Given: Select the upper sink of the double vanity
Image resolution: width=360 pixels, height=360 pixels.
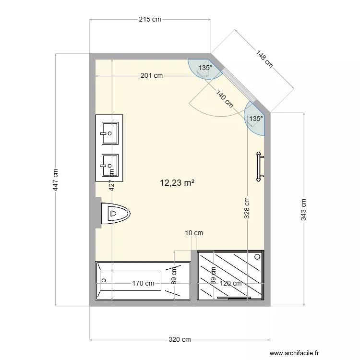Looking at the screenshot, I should [x=109, y=132].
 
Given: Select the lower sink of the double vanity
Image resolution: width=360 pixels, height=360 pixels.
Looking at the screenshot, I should [x=109, y=166].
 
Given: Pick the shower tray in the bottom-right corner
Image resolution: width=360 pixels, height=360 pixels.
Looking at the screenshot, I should [x=230, y=275].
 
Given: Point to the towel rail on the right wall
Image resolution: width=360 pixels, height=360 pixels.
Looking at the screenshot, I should [x=260, y=167].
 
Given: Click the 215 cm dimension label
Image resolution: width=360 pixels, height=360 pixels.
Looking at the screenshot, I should [x=150, y=19].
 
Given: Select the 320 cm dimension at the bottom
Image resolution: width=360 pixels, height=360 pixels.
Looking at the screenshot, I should [x=180, y=340].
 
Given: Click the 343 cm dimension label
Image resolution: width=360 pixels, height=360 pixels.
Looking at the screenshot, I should [x=303, y=210].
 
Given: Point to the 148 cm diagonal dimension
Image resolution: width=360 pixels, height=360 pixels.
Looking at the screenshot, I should [x=264, y=59].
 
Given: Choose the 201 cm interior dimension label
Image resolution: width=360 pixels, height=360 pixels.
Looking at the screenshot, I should [x=152, y=75].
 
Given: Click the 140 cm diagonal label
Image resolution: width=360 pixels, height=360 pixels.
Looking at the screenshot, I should [x=224, y=99].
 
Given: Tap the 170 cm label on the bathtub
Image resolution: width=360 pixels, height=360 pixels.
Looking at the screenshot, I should [x=143, y=283].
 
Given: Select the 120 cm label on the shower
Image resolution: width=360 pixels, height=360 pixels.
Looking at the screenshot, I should [x=231, y=283].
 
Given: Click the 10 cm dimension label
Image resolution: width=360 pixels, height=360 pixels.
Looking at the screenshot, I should [x=194, y=233].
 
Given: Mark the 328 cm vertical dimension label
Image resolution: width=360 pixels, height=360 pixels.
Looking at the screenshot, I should [x=247, y=209].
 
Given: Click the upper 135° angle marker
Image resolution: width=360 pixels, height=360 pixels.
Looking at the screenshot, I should [x=205, y=68].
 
